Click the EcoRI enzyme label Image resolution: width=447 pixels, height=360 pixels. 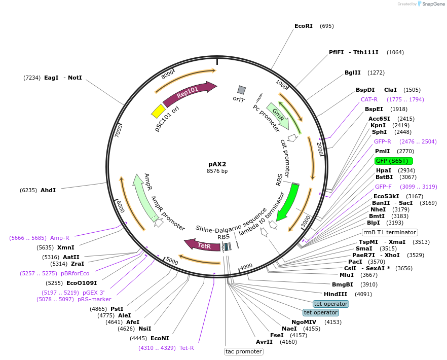coord(304,26)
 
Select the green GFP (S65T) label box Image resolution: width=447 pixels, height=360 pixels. coord(394,161)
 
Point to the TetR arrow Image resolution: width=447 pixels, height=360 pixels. coord(202,245)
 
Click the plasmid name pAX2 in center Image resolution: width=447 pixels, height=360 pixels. coord(217,164)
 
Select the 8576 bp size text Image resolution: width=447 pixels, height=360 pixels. coord(217,171)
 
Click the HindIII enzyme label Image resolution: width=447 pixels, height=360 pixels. coord(336,294)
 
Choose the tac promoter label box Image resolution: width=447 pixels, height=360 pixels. coord(244,351)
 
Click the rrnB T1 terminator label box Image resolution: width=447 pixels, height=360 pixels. coord(390,232)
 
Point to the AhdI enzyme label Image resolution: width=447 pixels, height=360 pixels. coord(48,190)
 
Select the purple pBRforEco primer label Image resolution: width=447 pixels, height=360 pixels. coord(75,273)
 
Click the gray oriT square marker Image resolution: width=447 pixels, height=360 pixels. coord(242,90)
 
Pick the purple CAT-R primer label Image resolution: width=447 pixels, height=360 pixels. coord(369,99)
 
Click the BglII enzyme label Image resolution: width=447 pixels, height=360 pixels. coord(353,73)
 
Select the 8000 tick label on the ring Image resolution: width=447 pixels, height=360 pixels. coord(168,75)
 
